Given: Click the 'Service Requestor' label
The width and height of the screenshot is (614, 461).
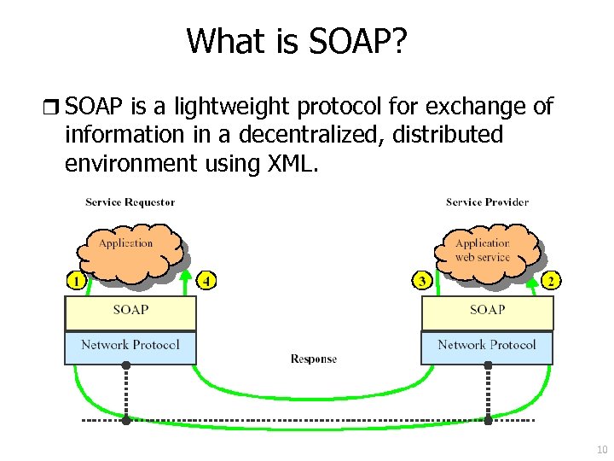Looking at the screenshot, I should pos(130,202).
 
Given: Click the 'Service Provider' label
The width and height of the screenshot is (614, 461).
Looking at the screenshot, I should pos(487,202).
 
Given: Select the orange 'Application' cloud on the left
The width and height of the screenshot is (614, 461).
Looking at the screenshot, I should pos(126,248).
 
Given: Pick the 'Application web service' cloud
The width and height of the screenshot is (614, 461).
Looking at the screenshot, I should pos(483,248).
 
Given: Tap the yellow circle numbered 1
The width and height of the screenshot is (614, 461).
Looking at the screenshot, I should pos(76,279).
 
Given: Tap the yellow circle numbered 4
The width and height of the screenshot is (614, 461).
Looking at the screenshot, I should pos(207,279).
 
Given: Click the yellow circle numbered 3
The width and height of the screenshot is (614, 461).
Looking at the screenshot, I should pos(421,279).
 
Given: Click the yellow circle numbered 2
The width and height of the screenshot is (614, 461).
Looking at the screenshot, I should pos(552,279).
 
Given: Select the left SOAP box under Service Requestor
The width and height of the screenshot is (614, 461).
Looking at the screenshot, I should pos(130,312).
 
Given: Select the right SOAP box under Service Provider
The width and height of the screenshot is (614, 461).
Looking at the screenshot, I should pos(487,312).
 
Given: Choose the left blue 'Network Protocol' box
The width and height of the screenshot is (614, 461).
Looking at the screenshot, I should pos(130,346).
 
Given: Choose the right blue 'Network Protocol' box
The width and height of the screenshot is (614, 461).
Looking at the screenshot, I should pos(487,346).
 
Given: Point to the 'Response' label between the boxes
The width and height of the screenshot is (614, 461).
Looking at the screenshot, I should pos(313,359).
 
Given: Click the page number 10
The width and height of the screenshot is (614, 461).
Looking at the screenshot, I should pos(601,449).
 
